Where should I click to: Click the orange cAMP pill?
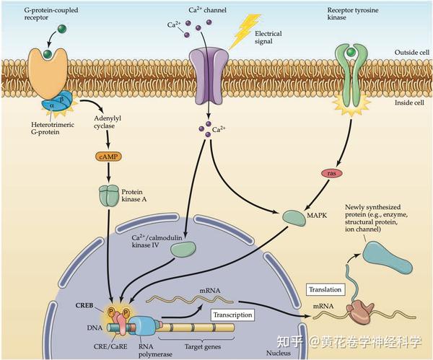(x=108, y=157)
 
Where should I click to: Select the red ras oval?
(x=332, y=173)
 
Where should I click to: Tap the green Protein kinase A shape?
(x=109, y=196)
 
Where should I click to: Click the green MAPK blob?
(x=294, y=218)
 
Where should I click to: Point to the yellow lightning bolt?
(x=244, y=31)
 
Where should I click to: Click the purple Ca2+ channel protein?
(x=209, y=75)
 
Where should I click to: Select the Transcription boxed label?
(x=232, y=315)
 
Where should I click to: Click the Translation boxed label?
(x=325, y=289)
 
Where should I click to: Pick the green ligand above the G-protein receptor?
(x=62, y=28)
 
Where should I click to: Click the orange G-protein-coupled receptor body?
(x=48, y=73)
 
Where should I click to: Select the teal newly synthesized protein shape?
(x=386, y=256)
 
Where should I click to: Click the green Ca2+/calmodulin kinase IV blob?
(x=183, y=249)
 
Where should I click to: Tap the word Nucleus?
(x=279, y=353)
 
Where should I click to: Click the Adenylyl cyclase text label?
(x=108, y=122)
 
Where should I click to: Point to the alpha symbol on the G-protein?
(x=52, y=105)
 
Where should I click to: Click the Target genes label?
(x=202, y=347)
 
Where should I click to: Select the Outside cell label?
(x=412, y=53)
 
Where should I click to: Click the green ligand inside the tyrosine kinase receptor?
(x=351, y=52)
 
